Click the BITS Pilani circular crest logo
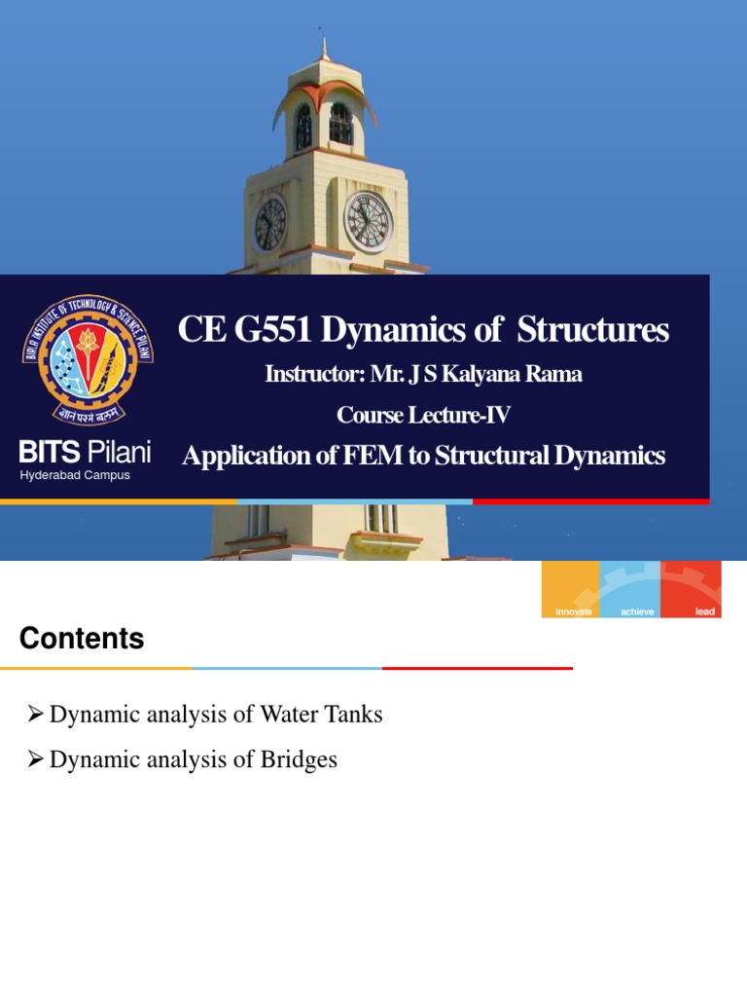click(88, 358)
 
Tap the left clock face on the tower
click(269, 223)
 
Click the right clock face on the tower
click(369, 221)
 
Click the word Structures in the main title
click(592, 331)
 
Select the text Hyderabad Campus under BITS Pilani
click(75, 475)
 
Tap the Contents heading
click(82, 639)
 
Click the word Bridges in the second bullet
click(297, 759)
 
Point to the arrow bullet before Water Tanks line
click(36, 715)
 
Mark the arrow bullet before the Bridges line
click(36, 759)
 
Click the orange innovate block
click(570, 589)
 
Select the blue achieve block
click(630, 589)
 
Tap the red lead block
click(691, 589)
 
